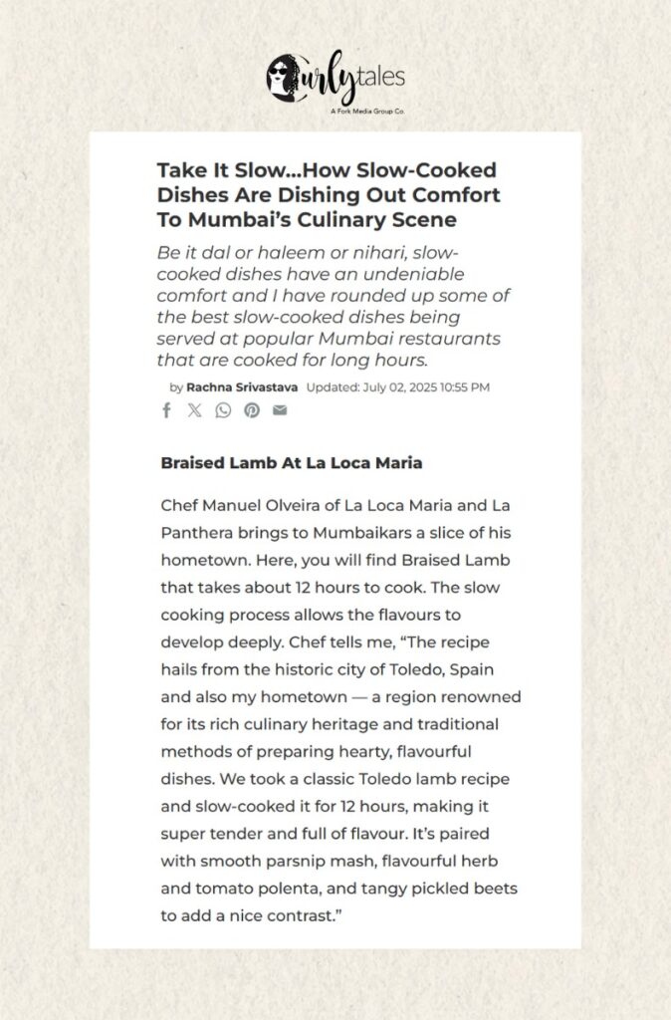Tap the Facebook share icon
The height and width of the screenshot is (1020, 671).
click(x=166, y=410)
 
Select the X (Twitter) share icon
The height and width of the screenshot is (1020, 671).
click(x=194, y=410)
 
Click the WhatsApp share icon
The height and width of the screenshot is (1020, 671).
click(x=223, y=410)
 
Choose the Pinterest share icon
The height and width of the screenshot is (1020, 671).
click(x=252, y=410)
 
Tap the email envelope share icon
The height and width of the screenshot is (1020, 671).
click(x=280, y=410)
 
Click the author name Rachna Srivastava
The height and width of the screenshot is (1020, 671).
click(x=242, y=386)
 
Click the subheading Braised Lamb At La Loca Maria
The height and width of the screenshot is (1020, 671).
click(x=291, y=463)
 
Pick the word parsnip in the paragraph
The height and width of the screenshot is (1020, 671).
click(x=300, y=860)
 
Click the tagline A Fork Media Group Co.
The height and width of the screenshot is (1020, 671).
click(x=367, y=112)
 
